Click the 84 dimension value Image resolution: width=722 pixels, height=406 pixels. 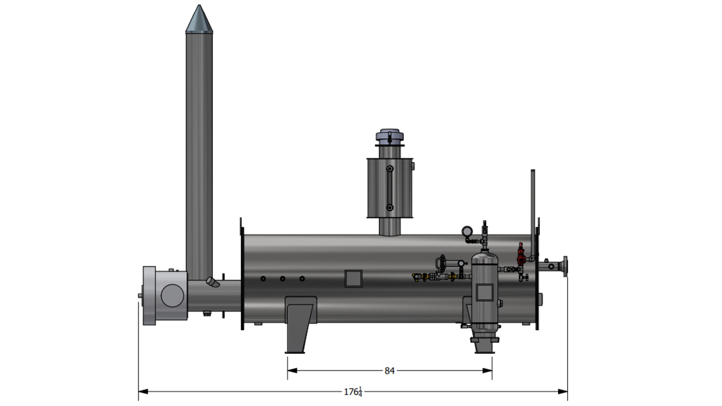[x=390, y=371]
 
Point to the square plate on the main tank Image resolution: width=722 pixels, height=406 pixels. [x=353, y=279]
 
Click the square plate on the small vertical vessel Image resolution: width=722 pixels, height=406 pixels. [x=484, y=292]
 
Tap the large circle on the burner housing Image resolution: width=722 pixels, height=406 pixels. [x=172, y=295]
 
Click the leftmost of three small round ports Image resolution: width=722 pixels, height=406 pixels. [x=263, y=279]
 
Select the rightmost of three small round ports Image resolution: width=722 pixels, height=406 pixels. [x=302, y=279]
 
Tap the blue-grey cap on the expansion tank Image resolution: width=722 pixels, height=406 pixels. [x=390, y=136]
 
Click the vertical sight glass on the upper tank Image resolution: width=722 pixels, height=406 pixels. [x=390, y=188]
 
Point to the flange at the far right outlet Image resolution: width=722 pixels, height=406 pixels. [x=565, y=267]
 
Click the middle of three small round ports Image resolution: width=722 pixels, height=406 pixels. [x=282, y=279]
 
